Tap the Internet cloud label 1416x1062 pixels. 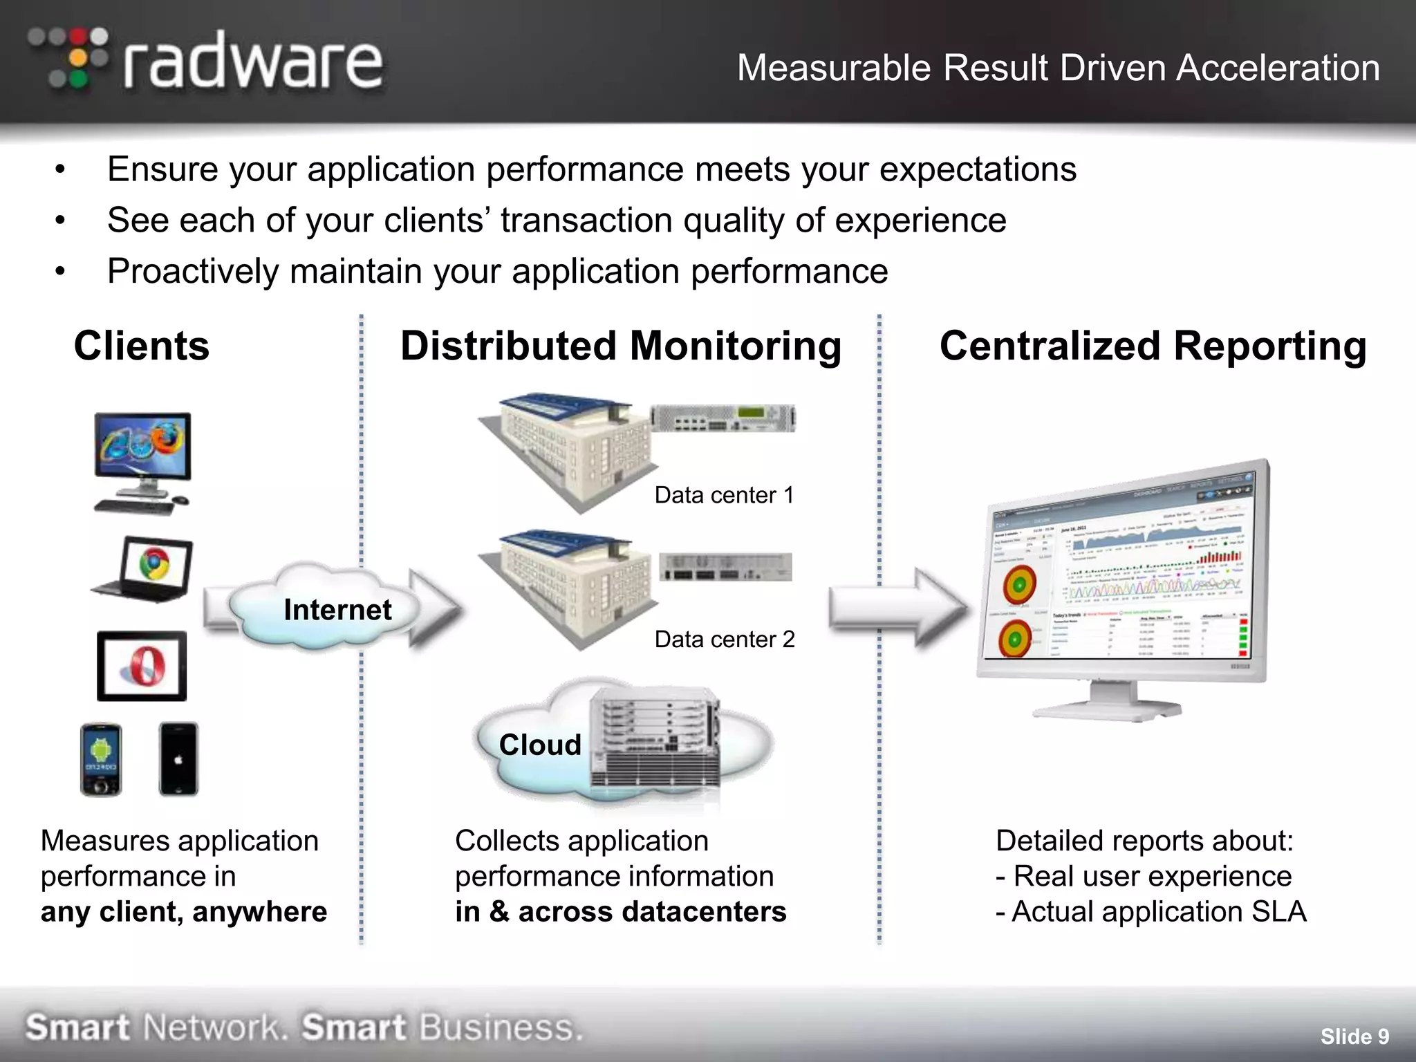pos(337,610)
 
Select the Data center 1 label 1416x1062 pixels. pos(724,495)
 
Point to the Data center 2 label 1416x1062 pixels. pos(725,640)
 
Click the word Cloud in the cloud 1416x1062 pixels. pos(540,745)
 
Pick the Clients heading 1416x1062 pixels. pos(142,346)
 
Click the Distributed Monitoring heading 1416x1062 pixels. pos(621,346)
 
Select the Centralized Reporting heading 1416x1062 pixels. pos(1153,346)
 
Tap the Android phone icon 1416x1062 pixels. pos(101,759)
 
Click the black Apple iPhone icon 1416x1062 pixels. pos(178,759)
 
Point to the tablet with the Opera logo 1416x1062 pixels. pos(142,667)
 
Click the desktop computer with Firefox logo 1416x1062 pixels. pos(142,462)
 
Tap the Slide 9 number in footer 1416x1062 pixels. pos(1354,1036)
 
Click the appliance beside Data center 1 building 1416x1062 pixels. pos(723,418)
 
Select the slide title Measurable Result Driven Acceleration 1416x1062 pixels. pos(1058,68)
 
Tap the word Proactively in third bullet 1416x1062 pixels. pos(192,271)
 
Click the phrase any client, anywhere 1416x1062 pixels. pos(184,912)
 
